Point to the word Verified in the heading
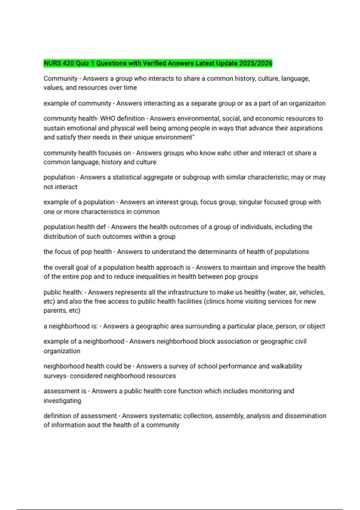[x=154, y=63]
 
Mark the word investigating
[x=62, y=401]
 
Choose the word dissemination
[x=305, y=416]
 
